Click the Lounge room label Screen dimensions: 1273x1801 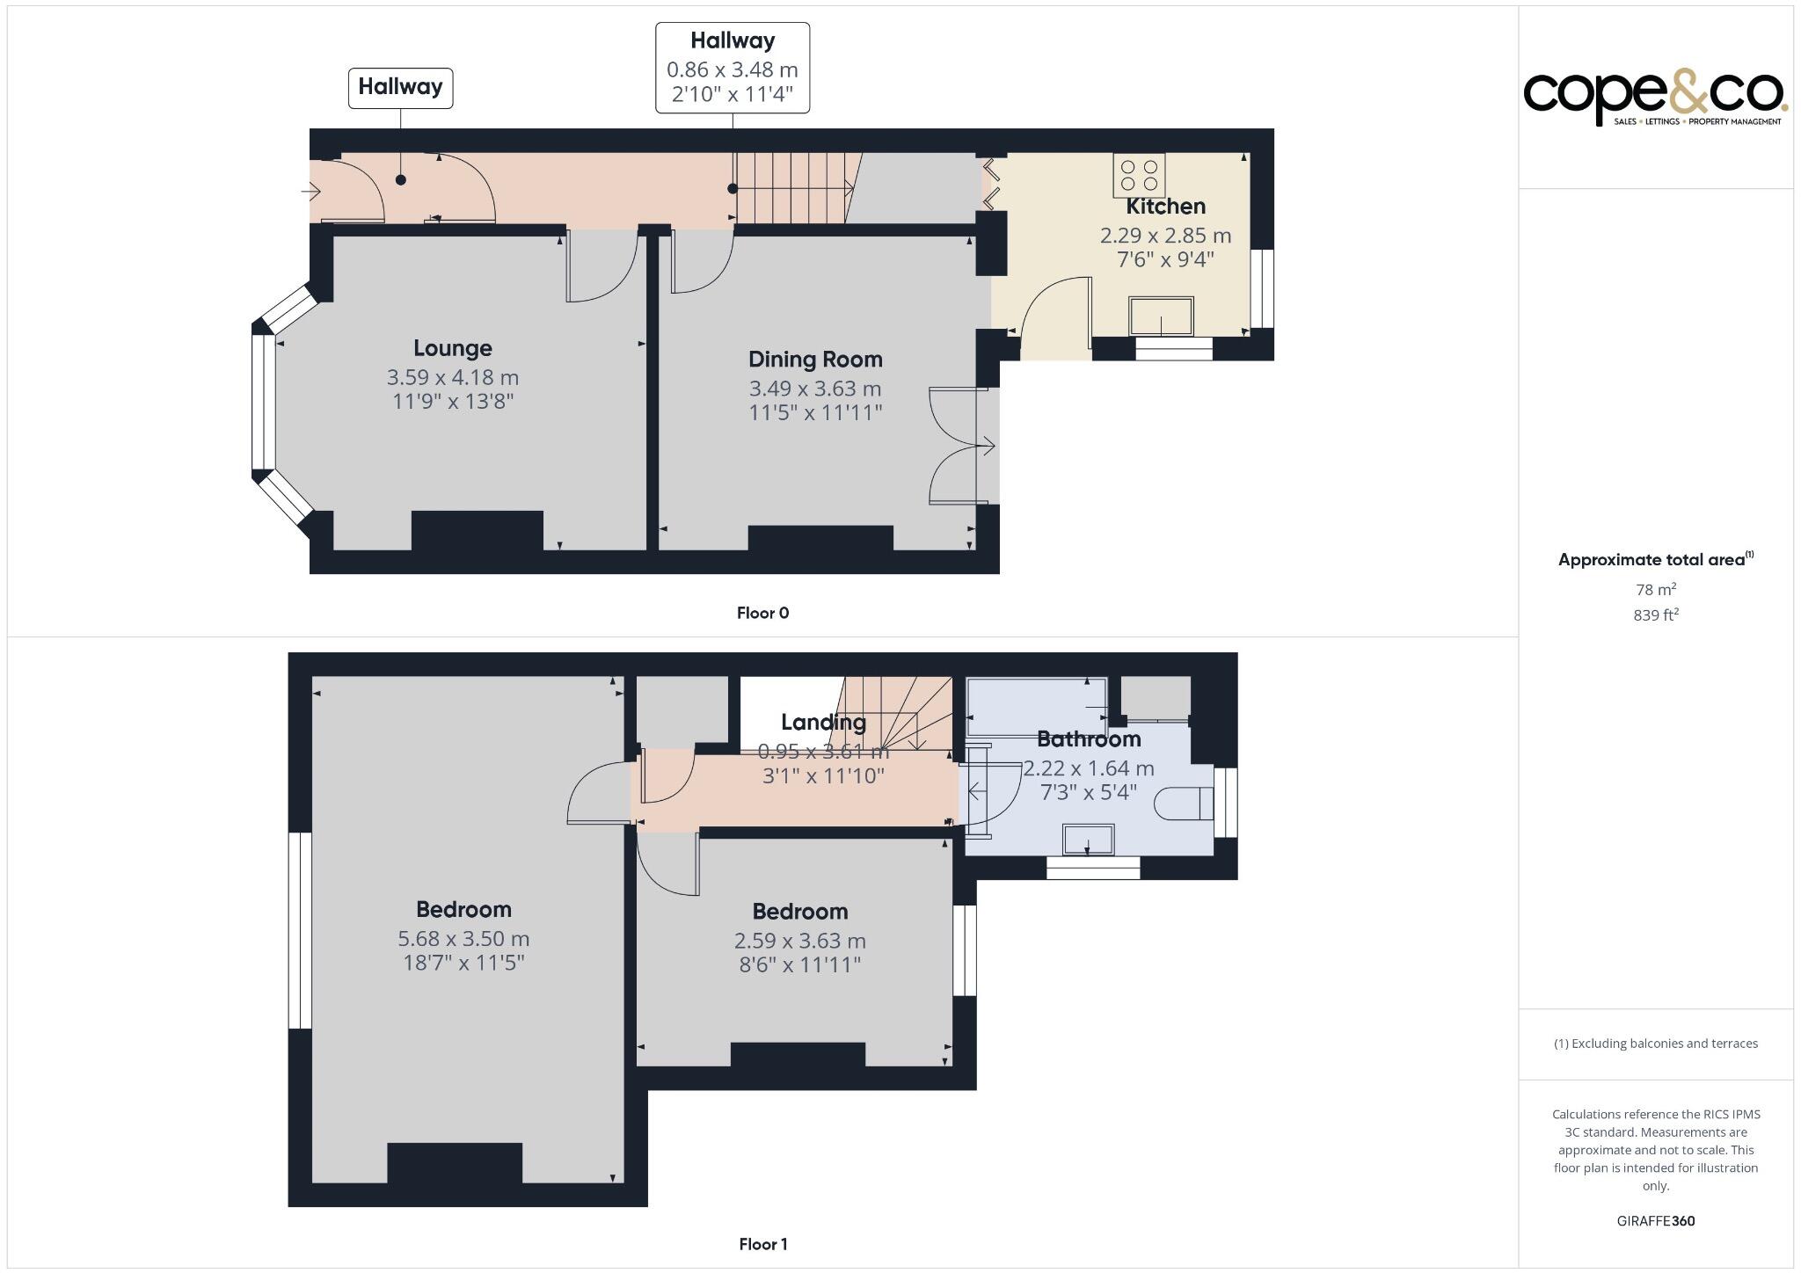pos(453,348)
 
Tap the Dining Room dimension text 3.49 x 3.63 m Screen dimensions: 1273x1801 pos(814,389)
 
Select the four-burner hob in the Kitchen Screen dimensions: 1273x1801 pos(1139,175)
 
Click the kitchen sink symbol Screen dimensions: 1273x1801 pos(1162,316)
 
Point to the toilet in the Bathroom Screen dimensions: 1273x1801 pos(1184,804)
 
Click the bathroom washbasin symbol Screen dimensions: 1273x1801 pos(1089,840)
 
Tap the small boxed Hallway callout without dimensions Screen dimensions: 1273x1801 pos(400,88)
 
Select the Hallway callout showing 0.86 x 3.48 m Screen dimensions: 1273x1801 pos(732,69)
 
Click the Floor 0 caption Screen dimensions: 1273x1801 pos(762,613)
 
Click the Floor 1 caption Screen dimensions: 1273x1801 pos(762,1244)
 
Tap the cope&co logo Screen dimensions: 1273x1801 pos(1654,97)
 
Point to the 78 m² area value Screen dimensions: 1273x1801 pos(1655,589)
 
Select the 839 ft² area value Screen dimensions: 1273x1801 pos(1655,615)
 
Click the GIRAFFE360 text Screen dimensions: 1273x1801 pos(1655,1220)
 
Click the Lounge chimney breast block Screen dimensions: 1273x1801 pos(477,530)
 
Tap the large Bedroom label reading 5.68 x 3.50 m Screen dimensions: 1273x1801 pos(463,938)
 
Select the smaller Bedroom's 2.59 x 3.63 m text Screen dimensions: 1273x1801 pos(799,941)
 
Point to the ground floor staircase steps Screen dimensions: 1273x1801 pos(791,188)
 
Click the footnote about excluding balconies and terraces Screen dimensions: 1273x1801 pos(1655,1044)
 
